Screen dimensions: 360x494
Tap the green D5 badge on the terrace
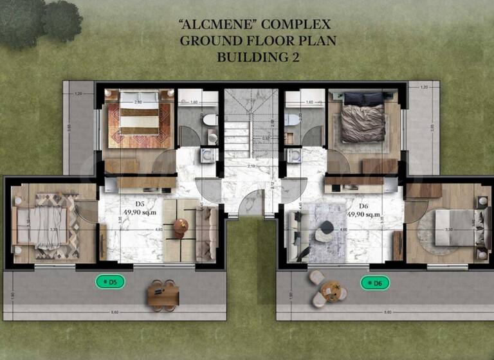click(109, 281)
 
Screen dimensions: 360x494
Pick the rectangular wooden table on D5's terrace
click(162, 296)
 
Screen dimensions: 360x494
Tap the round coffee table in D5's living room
click(181, 226)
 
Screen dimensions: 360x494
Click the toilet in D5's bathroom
click(209, 121)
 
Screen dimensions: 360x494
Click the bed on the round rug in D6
click(455, 226)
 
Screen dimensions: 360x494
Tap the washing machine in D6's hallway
click(295, 156)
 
